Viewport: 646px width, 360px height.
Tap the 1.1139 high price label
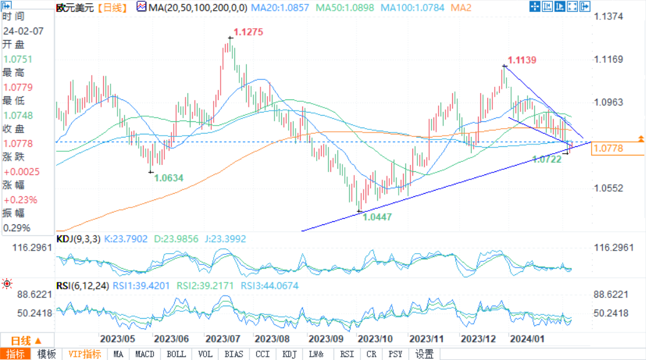522,60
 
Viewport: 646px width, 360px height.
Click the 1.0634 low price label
169,178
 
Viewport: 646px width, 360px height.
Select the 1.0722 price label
547,159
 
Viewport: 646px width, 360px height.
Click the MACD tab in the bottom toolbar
145,354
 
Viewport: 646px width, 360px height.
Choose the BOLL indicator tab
176,354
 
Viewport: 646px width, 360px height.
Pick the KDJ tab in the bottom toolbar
289,354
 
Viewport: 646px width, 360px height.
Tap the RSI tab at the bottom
347,354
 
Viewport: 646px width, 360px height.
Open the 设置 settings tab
425,354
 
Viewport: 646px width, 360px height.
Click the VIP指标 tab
85,354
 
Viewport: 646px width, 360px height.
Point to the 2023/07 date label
223,339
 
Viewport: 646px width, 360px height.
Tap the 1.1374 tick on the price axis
609,16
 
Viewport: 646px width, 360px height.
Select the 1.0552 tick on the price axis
609,188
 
